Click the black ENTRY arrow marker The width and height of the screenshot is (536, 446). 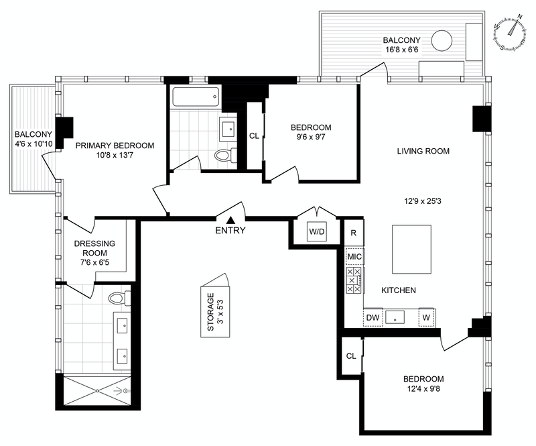[231, 220]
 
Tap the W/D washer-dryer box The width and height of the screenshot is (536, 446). [316, 232]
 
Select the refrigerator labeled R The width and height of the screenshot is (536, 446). [354, 233]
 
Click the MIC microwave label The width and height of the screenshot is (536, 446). [354, 256]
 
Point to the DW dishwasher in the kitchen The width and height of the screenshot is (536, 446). [373, 317]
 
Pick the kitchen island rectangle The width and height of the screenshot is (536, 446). [411, 249]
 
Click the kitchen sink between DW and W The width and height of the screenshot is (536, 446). [395, 317]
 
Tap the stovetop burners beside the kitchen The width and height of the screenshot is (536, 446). [354, 280]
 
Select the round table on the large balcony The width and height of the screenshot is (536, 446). [442, 40]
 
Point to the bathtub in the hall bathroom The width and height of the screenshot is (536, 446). [196, 97]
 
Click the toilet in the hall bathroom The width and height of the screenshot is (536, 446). [226, 156]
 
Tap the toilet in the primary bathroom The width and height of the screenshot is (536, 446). [119, 298]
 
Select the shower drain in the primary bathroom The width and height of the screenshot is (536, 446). [97, 390]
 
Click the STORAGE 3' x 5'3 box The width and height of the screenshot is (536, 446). [215, 311]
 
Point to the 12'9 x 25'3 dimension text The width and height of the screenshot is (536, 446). [423, 201]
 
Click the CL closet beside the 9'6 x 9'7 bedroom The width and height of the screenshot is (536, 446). [254, 136]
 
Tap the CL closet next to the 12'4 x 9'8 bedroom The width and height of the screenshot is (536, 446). [351, 356]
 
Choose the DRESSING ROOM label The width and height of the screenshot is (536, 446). [94, 248]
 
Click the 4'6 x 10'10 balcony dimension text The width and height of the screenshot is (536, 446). [34, 144]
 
